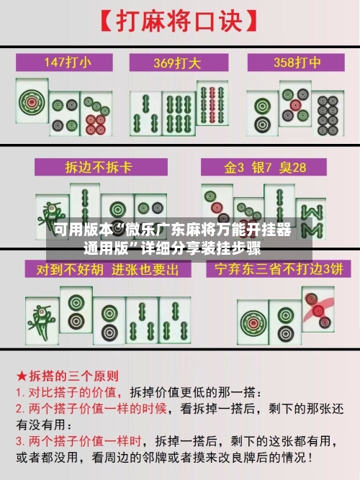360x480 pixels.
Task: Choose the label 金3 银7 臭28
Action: (265, 168)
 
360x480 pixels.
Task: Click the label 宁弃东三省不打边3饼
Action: (274, 270)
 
